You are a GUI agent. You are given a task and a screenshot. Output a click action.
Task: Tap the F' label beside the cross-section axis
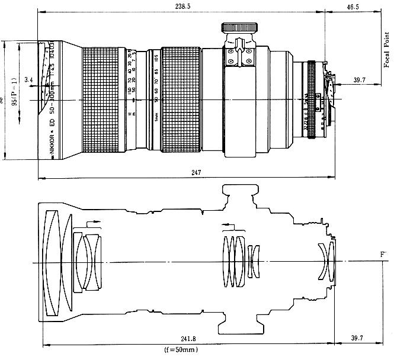click(x=383, y=255)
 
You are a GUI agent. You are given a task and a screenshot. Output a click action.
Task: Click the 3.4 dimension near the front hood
click(x=28, y=79)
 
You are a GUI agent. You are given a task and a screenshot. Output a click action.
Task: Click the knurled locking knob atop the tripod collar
click(x=239, y=27)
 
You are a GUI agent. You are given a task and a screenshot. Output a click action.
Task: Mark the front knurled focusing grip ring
click(x=104, y=100)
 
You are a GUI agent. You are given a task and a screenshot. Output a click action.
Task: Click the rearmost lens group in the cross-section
click(x=327, y=259)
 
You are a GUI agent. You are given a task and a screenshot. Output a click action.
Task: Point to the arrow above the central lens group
click(x=230, y=226)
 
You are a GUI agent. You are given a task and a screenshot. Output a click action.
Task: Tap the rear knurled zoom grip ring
click(x=180, y=100)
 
